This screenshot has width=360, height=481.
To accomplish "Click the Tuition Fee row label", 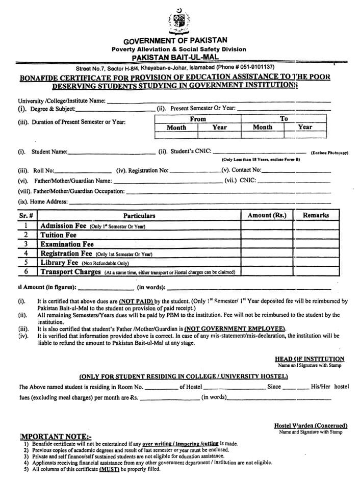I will pyautogui.click(x=58, y=235).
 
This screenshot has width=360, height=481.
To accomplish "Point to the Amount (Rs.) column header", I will pyautogui.click(x=267, y=215).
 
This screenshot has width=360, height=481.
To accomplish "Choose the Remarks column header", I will pyautogui.click(x=316, y=215).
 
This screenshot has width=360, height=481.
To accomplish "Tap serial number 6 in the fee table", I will pyautogui.click(x=25, y=272).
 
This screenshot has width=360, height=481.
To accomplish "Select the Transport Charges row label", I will pyautogui.click(x=70, y=272).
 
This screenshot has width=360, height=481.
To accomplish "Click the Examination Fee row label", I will pyautogui.click(x=67, y=244).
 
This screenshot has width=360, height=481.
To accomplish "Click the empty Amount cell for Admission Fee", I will pyautogui.click(x=267, y=225).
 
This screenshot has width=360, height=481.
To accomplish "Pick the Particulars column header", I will pyautogui.click(x=139, y=216).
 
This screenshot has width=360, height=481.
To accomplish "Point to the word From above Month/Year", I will pyautogui.click(x=198, y=118).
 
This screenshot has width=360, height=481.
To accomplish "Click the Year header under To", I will pyautogui.click(x=305, y=127).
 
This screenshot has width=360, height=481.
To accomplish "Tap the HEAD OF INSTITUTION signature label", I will pyautogui.click(x=309, y=359).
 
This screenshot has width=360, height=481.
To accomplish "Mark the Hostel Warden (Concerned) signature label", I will pyautogui.click(x=311, y=425).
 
